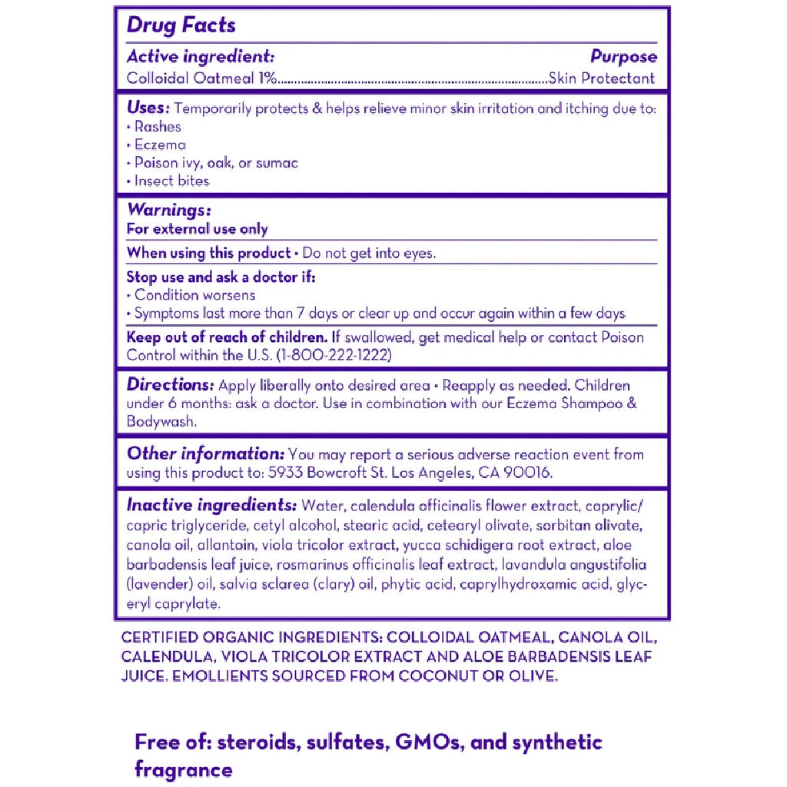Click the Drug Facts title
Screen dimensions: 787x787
coord(181,25)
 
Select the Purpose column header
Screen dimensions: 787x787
coord(623,57)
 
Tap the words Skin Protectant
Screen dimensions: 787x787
coord(602,78)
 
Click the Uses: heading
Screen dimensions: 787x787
coord(148,108)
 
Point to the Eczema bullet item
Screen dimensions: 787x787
coord(160,144)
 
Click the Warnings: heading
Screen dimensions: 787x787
coord(168,210)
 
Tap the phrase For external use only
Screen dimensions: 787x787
coord(198,229)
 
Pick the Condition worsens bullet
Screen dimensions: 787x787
coord(194,295)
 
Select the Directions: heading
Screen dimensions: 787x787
coord(170,384)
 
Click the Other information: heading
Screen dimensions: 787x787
coord(205,453)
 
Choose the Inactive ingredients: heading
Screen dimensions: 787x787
coord(211,506)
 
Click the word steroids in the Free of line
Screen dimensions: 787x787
coord(257,742)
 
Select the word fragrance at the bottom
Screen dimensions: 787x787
coord(183,769)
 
